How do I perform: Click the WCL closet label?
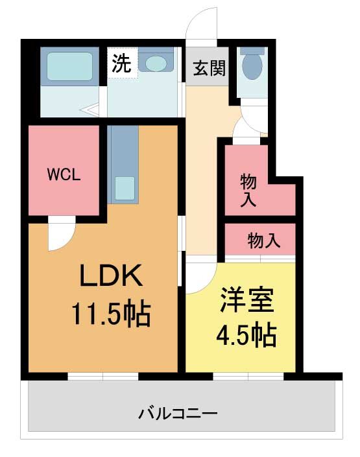coord(64,175)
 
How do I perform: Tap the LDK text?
coord(112,275)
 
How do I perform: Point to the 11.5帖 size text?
coord(111,314)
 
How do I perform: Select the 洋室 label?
coord(246,300)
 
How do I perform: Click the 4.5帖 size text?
coord(246,335)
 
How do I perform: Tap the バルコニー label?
coord(178,414)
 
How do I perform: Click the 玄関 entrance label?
coord(210,68)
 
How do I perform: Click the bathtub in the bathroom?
coord(69,67)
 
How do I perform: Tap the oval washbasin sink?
coord(156,64)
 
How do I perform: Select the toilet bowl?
coord(252,64)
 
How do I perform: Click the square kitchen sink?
coord(125,188)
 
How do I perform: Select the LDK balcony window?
coord(103,376)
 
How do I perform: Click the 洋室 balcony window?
coord(248,376)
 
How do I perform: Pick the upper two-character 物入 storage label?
coord(248,191)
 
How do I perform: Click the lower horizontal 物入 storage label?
coord(264,240)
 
